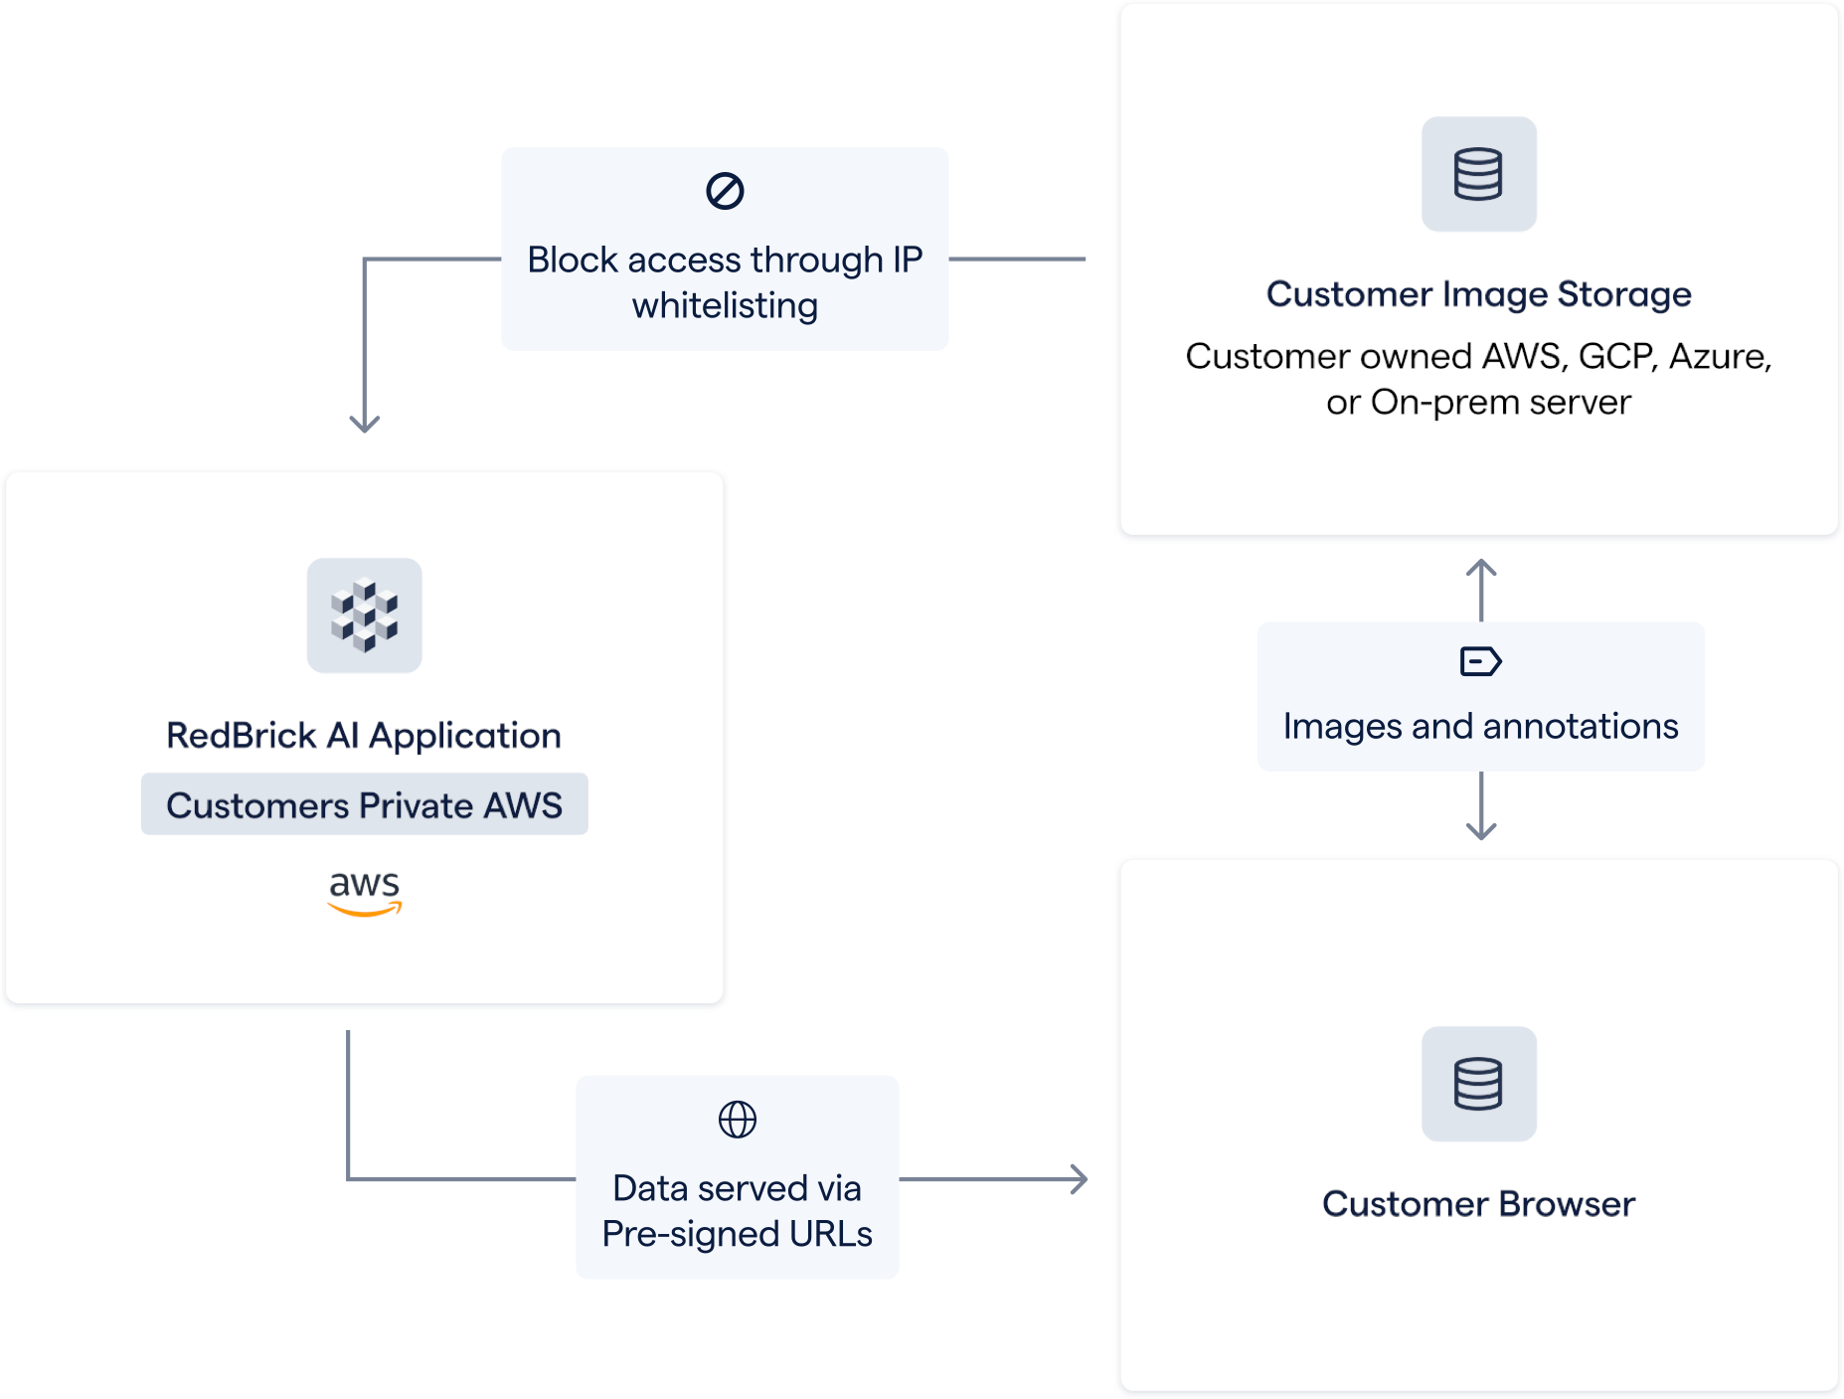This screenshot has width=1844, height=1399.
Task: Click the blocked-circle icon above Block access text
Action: tap(725, 191)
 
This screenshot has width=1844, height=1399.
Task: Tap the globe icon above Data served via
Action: tap(737, 1120)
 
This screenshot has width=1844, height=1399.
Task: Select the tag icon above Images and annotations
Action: tap(1480, 661)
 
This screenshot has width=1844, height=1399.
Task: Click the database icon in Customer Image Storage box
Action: tap(1478, 174)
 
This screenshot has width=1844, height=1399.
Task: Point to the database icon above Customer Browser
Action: tap(1478, 1084)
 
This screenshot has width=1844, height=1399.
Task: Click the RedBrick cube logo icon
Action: tap(364, 615)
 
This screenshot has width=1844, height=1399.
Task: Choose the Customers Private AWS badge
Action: tap(364, 804)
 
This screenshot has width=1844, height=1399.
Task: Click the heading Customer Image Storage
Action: tap(1478, 294)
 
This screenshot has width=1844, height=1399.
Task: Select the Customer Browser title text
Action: tap(1478, 1204)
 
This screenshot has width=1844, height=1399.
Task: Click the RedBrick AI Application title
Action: tap(364, 736)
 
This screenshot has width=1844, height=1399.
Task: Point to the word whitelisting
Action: tap(725, 305)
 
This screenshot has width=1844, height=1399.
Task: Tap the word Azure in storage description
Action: tap(1719, 356)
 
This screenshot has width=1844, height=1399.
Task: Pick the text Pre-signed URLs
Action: tap(737, 1234)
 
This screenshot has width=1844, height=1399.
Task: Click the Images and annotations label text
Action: tap(1480, 727)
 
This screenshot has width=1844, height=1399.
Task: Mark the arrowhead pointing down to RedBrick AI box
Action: tap(365, 425)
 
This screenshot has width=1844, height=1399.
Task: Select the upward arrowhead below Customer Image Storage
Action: tap(1481, 568)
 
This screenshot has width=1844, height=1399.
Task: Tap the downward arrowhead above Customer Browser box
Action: tap(1481, 831)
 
